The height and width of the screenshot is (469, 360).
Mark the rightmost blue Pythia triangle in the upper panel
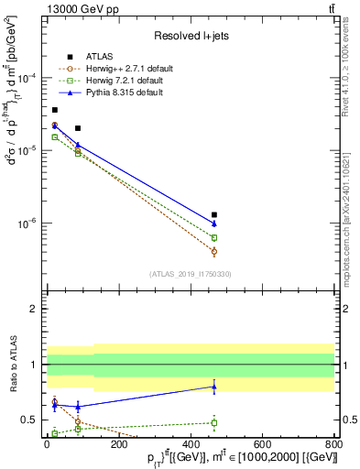point(214,224)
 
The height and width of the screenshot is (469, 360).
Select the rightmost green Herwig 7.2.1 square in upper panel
point(214,237)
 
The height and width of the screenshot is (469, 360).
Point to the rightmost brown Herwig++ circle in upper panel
point(214,251)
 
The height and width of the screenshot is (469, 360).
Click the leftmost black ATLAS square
point(55,110)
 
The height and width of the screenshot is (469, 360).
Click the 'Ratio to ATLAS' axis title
point(12,365)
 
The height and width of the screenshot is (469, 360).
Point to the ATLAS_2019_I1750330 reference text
point(189,274)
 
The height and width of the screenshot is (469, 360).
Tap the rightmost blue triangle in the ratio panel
point(214,387)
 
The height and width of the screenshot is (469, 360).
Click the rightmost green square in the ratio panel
point(214,422)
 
